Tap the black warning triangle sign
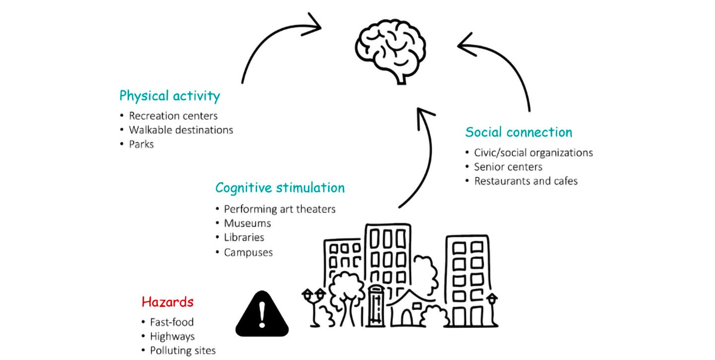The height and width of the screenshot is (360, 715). (x=262, y=313)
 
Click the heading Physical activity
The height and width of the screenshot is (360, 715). (x=169, y=95)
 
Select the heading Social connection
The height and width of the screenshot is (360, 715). (x=518, y=132)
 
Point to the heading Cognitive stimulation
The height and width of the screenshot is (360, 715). (x=280, y=188)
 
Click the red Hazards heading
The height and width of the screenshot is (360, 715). (x=167, y=301)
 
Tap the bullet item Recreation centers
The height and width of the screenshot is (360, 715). (x=173, y=116)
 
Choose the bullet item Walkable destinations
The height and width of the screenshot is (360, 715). (x=181, y=130)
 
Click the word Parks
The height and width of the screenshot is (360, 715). (x=142, y=144)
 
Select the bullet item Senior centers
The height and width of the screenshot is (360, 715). (x=508, y=167)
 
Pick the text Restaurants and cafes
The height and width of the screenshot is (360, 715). (x=526, y=181)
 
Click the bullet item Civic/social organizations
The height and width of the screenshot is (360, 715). (x=533, y=152)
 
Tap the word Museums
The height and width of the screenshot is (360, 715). (x=247, y=223)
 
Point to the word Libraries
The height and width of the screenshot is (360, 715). (x=244, y=238)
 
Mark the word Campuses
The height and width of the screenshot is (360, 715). (x=248, y=252)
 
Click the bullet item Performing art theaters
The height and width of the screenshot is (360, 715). (x=280, y=209)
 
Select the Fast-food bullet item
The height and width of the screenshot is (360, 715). (x=172, y=322)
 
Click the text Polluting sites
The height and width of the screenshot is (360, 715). (x=183, y=351)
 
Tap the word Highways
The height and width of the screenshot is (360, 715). (x=172, y=337)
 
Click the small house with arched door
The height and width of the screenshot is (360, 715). (x=407, y=310)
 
